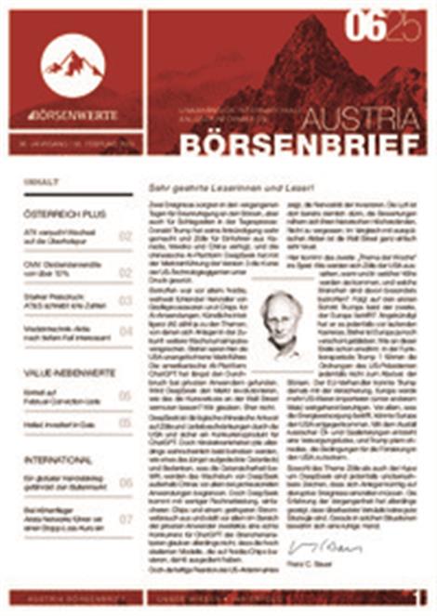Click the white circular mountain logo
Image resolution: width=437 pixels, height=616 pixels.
pyautogui.click(x=73, y=64)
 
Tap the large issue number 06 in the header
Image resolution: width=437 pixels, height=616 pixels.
pyautogui.click(x=364, y=28)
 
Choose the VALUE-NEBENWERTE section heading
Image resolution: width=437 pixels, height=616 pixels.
pyautogui.click(x=70, y=373)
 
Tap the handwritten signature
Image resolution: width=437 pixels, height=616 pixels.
pyautogui.click(x=315, y=544)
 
